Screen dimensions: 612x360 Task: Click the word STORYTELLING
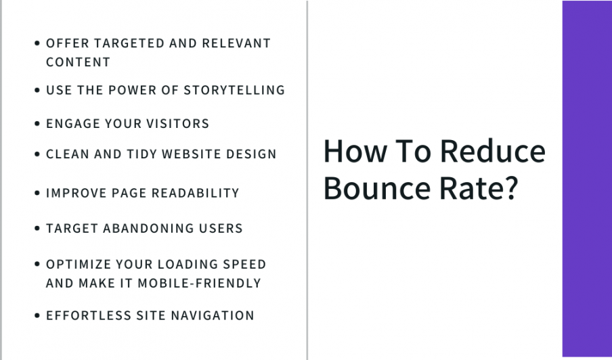[234, 90]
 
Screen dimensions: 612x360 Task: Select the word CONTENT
[78, 62]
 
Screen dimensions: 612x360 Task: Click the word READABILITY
[195, 193]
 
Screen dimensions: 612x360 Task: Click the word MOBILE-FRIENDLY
[199, 283]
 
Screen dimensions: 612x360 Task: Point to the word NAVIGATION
[213, 315]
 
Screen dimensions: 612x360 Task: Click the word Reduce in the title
[493, 151]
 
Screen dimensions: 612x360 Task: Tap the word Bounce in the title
[377, 187]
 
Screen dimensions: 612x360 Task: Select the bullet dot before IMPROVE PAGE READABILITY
[37, 193]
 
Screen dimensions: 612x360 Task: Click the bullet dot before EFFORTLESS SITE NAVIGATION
[37, 315]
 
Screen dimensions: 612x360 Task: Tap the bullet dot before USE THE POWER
[37, 90]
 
